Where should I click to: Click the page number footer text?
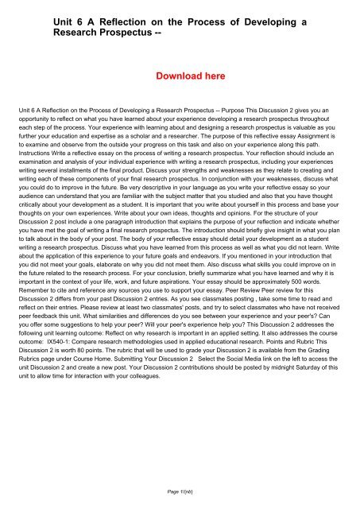coord(180,493)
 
